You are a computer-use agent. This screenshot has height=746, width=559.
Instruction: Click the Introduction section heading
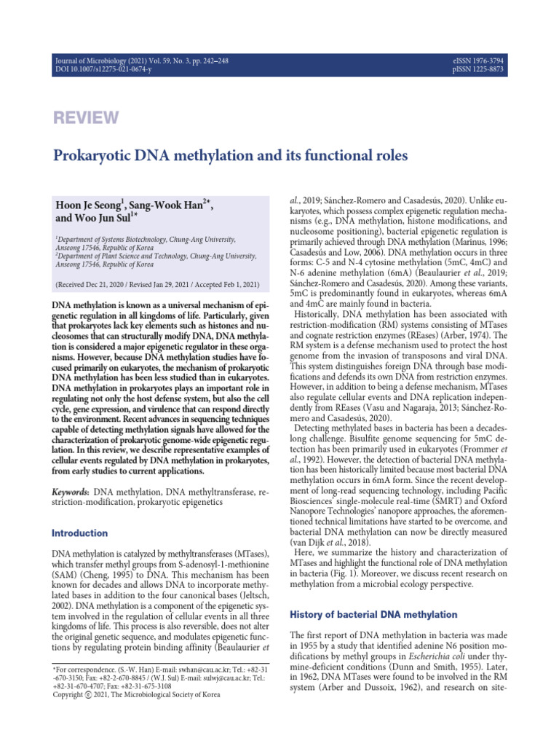tap(79, 533)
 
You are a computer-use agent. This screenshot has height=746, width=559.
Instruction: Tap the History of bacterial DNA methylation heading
tap(373, 615)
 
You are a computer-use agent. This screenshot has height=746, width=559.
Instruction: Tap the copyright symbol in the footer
tap(90, 695)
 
